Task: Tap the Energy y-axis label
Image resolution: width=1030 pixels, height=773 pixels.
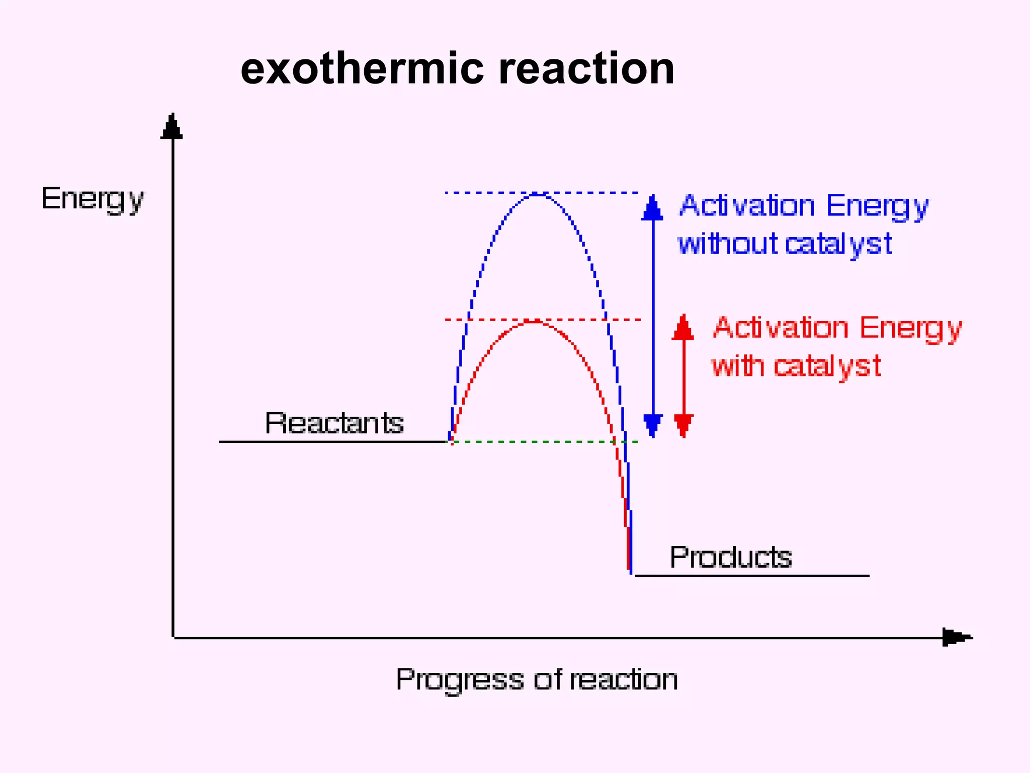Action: pyautogui.click(x=93, y=199)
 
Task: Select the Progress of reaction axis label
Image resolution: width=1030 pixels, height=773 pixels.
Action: pyautogui.click(x=537, y=680)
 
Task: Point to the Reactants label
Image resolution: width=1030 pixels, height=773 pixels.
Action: pyautogui.click(x=334, y=423)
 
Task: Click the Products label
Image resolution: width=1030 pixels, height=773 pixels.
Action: pyautogui.click(x=731, y=557)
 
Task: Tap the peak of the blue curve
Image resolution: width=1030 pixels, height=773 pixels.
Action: pyautogui.click(x=538, y=194)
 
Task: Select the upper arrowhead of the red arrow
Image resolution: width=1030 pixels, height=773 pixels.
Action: pyautogui.click(x=683, y=328)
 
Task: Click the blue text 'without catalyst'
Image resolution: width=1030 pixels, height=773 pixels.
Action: pyautogui.click(x=785, y=244)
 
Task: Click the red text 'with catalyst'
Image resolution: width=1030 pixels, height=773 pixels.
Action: pyautogui.click(x=796, y=366)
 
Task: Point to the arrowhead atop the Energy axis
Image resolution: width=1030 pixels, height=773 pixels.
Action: pyautogui.click(x=172, y=127)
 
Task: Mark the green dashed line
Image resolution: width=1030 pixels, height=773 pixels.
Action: pyautogui.click(x=543, y=442)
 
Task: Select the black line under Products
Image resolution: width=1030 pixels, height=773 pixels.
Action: pyautogui.click(x=752, y=575)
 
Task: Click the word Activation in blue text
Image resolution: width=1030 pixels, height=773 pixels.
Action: pyautogui.click(x=747, y=206)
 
